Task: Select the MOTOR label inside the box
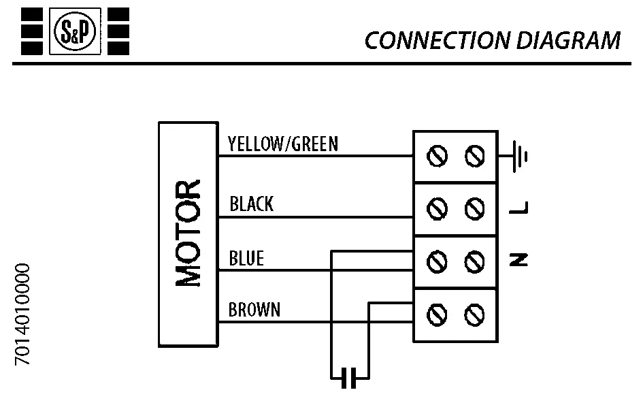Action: (x=188, y=233)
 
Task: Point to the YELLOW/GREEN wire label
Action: (x=282, y=144)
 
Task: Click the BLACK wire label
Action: (x=251, y=204)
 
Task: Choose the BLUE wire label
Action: (x=246, y=259)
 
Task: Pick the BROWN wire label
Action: (x=254, y=310)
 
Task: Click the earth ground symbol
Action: (x=519, y=157)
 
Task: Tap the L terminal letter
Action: (x=520, y=208)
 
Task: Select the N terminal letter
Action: (x=519, y=259)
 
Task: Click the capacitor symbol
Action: (x=349, y=376)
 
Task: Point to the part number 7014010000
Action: (x=23, y=314)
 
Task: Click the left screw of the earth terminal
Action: (x=437, y=157)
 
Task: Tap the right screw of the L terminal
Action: (x=474, y=208)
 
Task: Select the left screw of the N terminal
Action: (x=437, y=260)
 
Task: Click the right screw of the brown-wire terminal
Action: (x=474, y=314)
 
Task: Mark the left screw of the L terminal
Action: (x=437, y=208)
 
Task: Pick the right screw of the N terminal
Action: (x=474, y=260)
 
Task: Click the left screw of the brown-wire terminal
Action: (x=437, y=314)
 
